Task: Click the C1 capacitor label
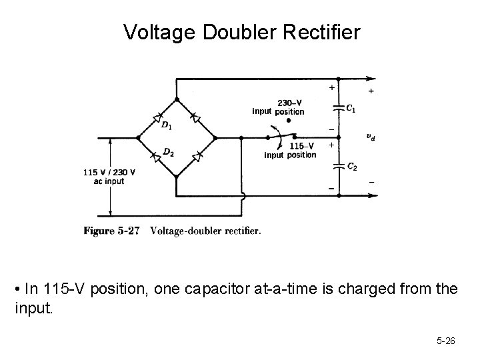click(351, 108)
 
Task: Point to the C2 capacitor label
click(351, 167)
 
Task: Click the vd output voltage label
click(371, 137)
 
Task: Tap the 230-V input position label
click(278, 107)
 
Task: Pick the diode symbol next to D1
click(157, 117)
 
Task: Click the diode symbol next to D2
click(157, 157)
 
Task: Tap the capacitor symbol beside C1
click(337, 108)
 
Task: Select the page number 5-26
click(445, 341)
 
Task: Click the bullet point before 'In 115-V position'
click(16, 289)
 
